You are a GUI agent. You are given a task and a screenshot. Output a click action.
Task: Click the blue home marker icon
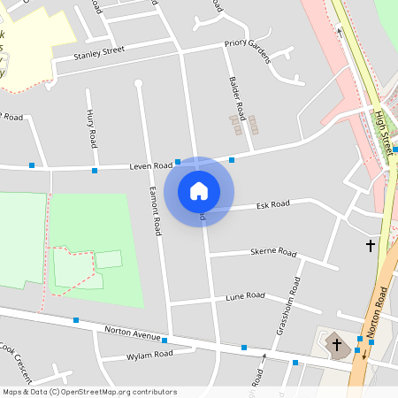199,191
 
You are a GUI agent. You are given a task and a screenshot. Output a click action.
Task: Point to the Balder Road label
236,98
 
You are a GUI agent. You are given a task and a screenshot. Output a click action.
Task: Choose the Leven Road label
150,165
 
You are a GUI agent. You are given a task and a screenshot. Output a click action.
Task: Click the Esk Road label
272,204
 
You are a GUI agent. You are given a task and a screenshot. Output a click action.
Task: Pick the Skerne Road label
273,251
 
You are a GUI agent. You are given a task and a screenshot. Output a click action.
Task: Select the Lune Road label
245,295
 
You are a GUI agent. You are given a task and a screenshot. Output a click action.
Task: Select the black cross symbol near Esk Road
371,244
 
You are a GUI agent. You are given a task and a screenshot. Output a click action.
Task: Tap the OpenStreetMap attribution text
89,392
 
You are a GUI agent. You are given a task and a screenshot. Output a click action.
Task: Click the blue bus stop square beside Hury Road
95,170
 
